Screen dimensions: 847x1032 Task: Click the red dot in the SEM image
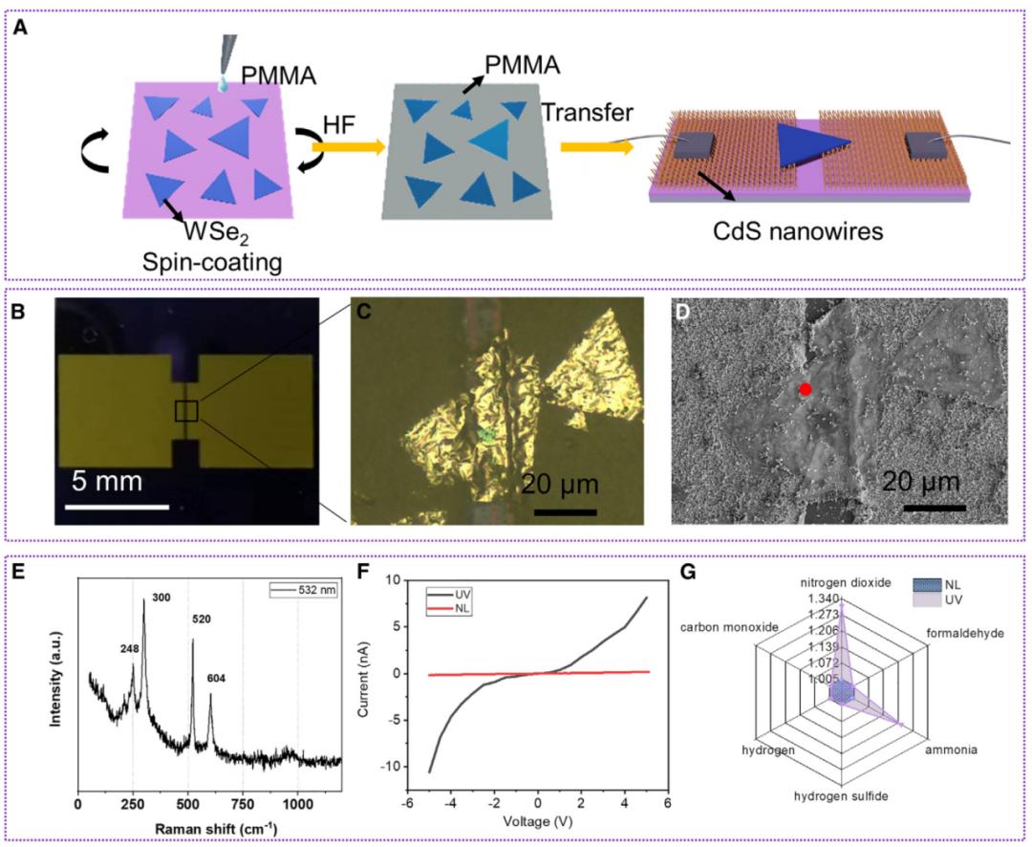pyautogui.click(x=806, y=389)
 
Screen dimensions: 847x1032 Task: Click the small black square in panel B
pyautogui.click(x=186, y=410)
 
